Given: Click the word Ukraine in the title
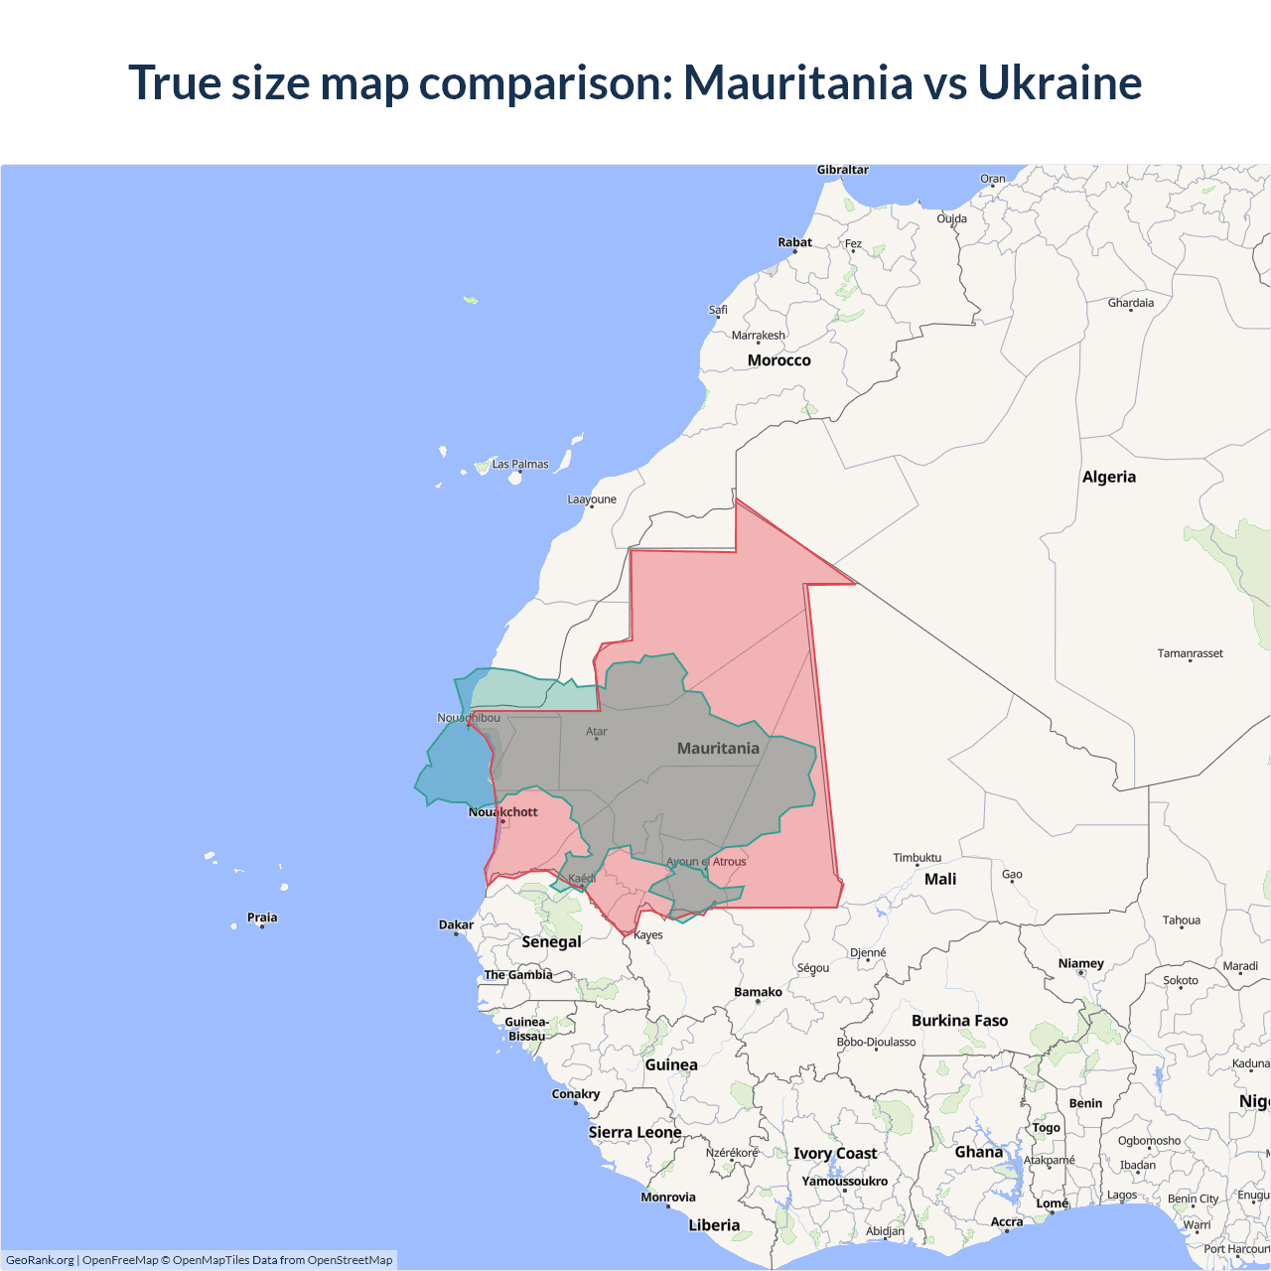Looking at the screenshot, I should [x=1059, y=82].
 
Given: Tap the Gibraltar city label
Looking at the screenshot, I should [x=842, y=170].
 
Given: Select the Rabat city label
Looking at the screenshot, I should [x=794, y=242].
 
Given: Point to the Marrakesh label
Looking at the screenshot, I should [x=758, y=336].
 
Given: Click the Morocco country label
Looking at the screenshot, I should [x=778, y=360].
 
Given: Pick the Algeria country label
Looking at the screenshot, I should [x=1108, y=477].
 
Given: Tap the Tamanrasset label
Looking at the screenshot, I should [x=1190, y=653].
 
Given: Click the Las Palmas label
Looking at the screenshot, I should [x=520, y=464].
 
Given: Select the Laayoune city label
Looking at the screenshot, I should [x=592, y=499].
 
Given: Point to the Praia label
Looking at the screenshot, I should [x=262, y=918].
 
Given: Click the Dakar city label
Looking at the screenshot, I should [x=456, y=924].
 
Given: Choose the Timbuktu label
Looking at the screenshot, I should [x=917, y=857].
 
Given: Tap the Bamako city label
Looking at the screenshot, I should [x=758, y=992].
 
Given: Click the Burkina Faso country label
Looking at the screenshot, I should [x=959, y=1021].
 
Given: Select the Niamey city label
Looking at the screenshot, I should [x=1080, y=963].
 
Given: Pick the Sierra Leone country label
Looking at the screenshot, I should [x=635, y=1132].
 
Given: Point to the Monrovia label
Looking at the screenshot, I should [x=668, y=1198].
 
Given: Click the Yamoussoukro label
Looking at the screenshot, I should [x=844, y=1182].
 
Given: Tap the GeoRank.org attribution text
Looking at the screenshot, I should [x=40, y=1260].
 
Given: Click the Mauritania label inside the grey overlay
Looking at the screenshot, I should [x=718, y=749].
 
